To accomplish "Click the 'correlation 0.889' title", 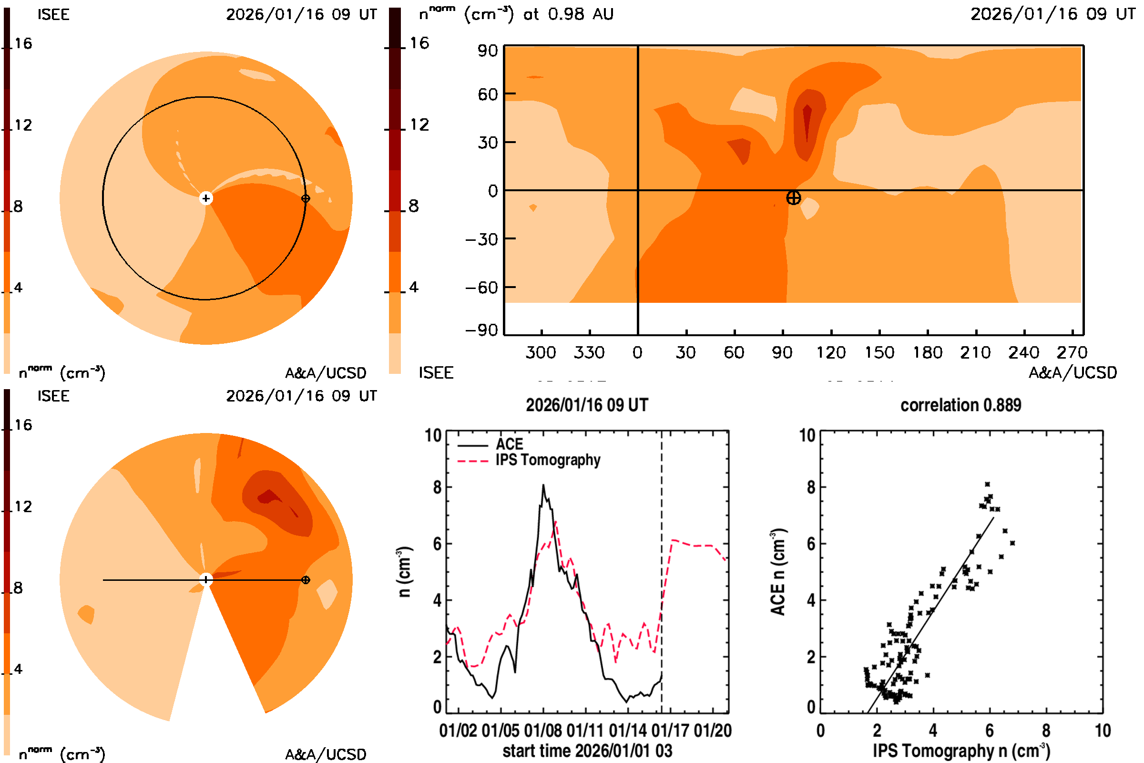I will (x=960, y=405).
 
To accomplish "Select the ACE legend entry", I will (x=509, y=444).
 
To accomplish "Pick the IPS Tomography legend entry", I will (x=548, y=460).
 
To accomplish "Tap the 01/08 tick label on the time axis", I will (x=543, y=731).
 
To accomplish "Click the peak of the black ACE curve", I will (x=543, y=485).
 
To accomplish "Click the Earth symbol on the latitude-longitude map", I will (x=793, y=198).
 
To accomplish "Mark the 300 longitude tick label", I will (x=541, y=352).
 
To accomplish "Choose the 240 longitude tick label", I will (x=1023, y=352).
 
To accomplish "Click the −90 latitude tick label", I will (x=481, y=330).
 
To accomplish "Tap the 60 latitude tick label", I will (x=487, y=94).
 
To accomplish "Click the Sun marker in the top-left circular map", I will (x=206, y=198).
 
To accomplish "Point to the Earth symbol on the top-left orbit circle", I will (x=306, y=198).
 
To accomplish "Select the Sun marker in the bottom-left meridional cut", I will (x=206, y=579).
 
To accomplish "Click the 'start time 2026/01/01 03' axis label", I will (x=587, y=751).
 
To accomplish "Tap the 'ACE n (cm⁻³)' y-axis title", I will (x=778, y=572).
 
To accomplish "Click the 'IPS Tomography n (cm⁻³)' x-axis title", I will (x=961, y=751).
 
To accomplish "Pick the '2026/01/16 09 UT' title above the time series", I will (x=587, y=405).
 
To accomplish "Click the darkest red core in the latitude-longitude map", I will (x=807, y=122).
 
